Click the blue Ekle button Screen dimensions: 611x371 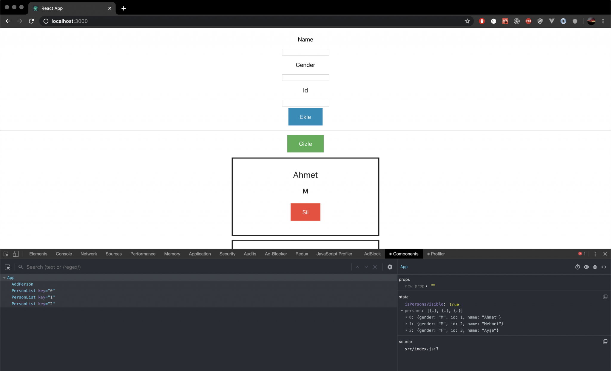(305, 117)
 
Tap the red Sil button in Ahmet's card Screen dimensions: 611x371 (305, 212)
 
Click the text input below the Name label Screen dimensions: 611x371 (305, 52)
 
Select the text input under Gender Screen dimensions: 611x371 (305, 78)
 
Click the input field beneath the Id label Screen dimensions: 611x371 (305, 103)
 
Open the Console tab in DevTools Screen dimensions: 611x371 (64, 254)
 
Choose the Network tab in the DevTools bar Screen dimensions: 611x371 (89, 254)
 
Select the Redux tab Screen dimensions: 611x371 (302, 254)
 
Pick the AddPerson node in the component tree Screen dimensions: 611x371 (22, 284)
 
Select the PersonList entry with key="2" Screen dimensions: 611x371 (33, 304)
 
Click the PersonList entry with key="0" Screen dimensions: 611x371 (33, 291)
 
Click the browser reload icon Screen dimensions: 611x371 (31, 21)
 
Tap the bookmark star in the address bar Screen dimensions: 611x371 (467, 21)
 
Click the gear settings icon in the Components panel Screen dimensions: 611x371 (390, 267)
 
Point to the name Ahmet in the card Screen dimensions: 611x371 (305, 175)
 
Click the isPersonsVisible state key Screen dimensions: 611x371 (424, 304)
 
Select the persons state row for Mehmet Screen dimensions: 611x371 (456, 324)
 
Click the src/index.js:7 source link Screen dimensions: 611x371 (422, 349)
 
